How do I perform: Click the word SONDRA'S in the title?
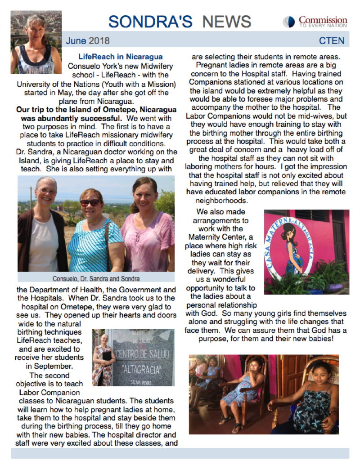click(151, 21)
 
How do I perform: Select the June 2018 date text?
click(88, 41)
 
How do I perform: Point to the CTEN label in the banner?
click(332, 41)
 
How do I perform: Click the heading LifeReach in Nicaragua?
click(121, 57)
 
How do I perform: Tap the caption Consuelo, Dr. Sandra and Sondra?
click(96, 278)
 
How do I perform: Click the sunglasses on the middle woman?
click(91, 203)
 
